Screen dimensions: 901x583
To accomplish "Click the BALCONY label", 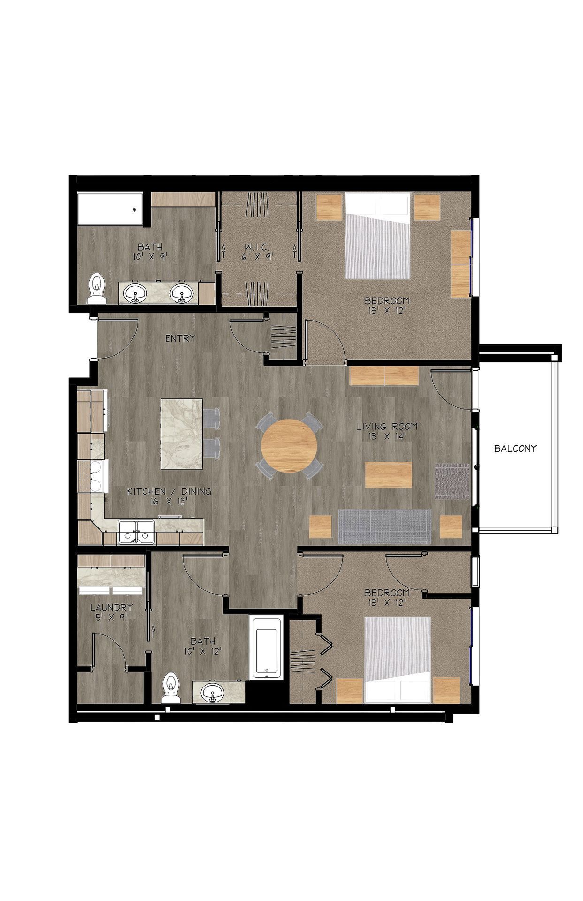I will coord(515,448).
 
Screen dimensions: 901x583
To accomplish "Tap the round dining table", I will coord(289,446).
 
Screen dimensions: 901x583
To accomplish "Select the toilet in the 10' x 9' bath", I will coord(97,289).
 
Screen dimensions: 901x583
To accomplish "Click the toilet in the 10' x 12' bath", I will coord(171,688).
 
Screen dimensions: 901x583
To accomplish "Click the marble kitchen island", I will coord(182,434).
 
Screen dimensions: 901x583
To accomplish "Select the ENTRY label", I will coord(180,338).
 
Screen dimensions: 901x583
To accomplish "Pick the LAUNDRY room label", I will coord(111,607).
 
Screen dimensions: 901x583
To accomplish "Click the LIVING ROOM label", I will coord(387,427).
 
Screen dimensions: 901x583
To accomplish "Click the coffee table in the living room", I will coord(388,474).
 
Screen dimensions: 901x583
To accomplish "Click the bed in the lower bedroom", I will coord(398,659).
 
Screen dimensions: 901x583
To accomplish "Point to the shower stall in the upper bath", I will coord(109,209).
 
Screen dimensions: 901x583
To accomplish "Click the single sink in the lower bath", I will coord(214,692).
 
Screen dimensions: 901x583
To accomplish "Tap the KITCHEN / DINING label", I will coord(169,491).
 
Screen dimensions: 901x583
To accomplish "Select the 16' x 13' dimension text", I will coord(169,501).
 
